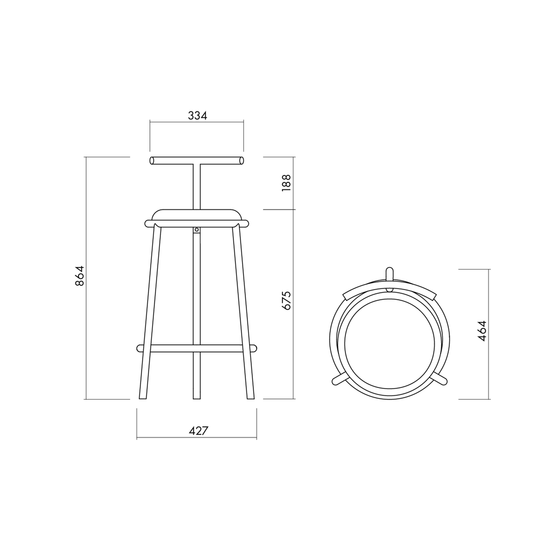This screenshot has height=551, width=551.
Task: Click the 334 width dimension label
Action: click(197, 115)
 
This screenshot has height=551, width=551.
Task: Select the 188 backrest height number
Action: click(286, 182)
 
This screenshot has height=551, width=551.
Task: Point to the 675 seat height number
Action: click(286, 300)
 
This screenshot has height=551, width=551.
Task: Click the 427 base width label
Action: click(199, 430)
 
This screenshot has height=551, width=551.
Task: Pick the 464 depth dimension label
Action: click(482, 331)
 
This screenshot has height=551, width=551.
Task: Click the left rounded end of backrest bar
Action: click(152, 160)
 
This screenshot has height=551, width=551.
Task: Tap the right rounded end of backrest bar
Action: click(242, 160)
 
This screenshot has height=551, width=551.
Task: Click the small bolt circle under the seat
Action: click(197, 230)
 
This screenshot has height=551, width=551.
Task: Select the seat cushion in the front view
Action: click(197, 215)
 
